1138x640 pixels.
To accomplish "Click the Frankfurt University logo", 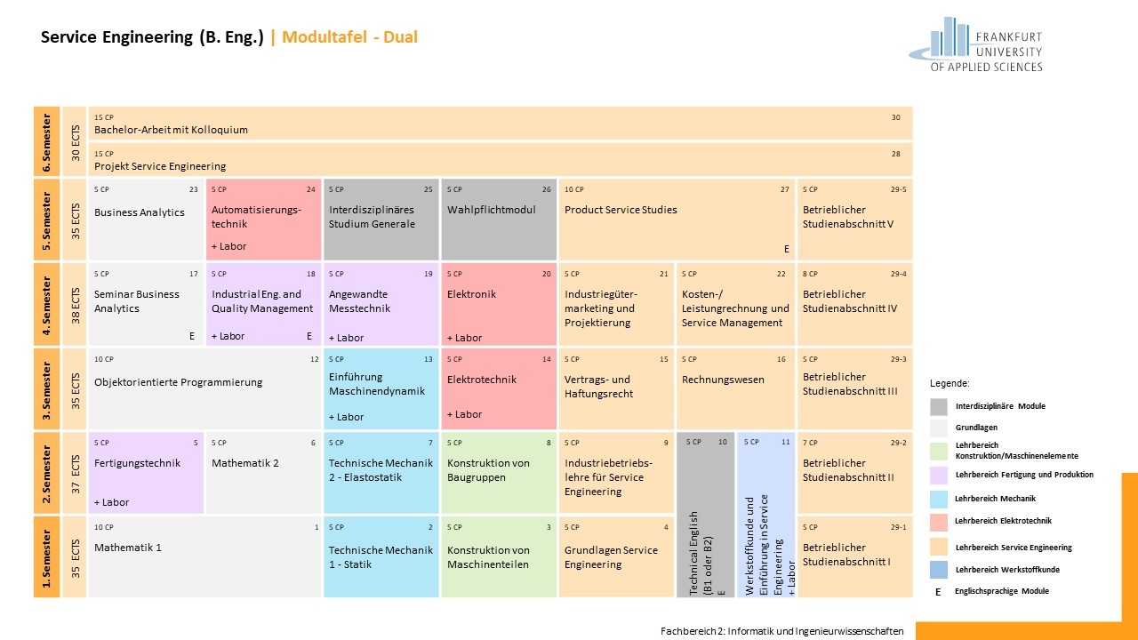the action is (x=975, y=44).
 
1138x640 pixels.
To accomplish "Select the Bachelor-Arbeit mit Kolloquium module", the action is (x=501, y=124).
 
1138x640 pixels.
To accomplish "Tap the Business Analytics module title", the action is (x=140, y=212).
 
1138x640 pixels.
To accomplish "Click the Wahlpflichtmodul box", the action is (x=499, y=219).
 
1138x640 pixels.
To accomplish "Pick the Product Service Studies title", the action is (x=621, y=210).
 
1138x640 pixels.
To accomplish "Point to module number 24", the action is (x=310, y=189).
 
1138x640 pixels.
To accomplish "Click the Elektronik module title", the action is (x=471, y=294).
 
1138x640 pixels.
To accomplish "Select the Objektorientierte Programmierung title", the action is (x=179, y=382).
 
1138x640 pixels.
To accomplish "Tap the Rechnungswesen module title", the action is (x=723, y=380).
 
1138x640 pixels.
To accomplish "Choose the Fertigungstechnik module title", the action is (x=137, y=463).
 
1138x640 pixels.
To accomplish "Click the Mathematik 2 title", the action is (x=244, y=463).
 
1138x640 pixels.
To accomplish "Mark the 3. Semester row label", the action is (x=47, y=389).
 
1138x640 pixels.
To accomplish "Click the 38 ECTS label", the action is (x=76, y=306).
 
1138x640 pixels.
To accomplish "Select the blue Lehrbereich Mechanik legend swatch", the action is (x=938, y=499).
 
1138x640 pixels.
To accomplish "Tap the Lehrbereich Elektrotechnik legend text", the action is (x=1003, y=521).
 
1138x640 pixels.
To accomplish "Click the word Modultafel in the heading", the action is (x=325, y=37).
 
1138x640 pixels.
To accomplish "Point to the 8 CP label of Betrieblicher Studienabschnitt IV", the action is (x=810, y=274).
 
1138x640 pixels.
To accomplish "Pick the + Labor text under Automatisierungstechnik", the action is (x=228, y=246).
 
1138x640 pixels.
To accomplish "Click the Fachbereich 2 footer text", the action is (x=781, y=631).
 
